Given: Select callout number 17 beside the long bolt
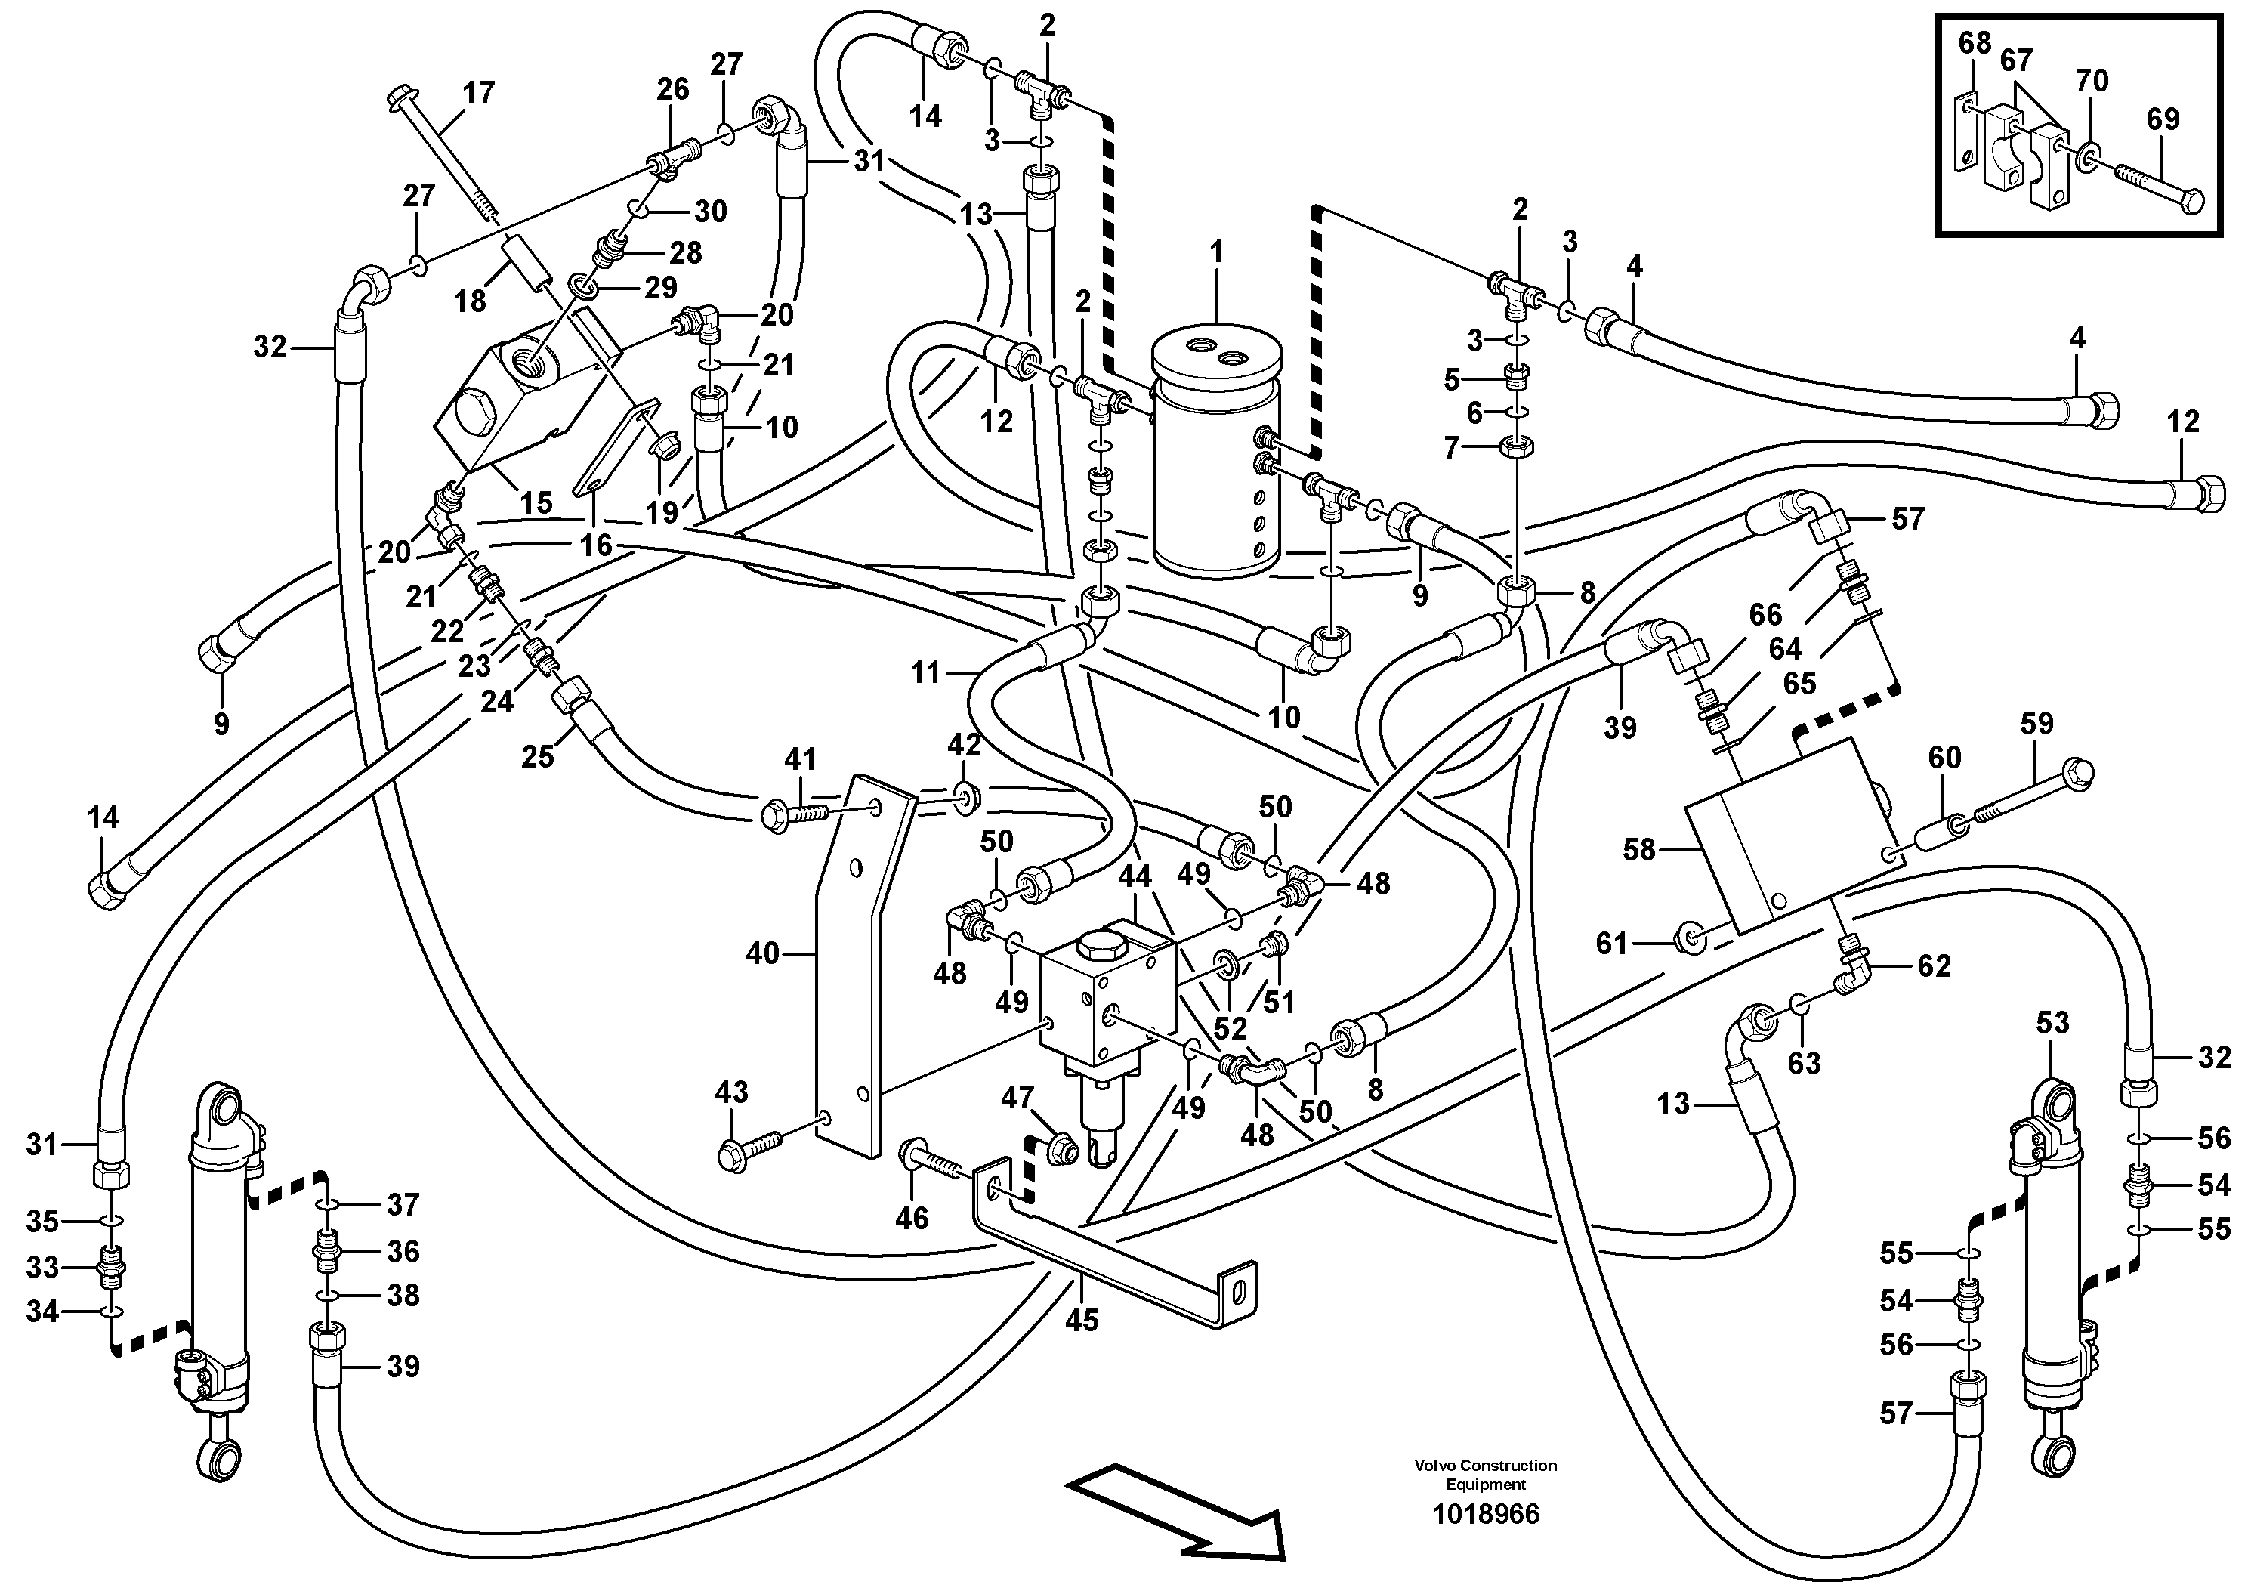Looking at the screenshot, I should [479, 94].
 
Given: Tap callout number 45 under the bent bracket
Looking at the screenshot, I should [1081, 1321].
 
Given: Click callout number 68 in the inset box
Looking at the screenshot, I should [1975, 43].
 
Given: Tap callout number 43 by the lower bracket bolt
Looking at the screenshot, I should [731, 1092].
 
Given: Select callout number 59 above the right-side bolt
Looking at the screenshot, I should [2036, 724].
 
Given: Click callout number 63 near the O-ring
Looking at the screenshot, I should [1804, 1062].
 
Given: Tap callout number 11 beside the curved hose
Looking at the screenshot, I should [925, 672].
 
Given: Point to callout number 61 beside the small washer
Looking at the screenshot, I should [1610, 944].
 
